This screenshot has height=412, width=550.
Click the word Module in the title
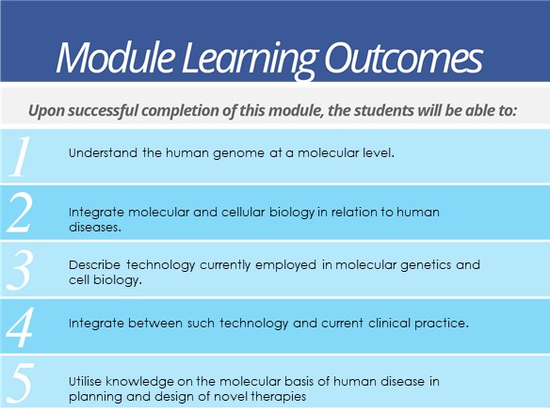tap(116, 56)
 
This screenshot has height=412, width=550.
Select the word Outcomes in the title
tap(403, 57)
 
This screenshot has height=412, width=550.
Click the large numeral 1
tap(20, 156)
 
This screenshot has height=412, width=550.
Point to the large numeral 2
tap(21, 213)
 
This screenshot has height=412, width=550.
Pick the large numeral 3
tap(21, 270)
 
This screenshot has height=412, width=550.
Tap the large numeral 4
tap(20, 326)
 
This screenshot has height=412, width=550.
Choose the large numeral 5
tap(21, 383)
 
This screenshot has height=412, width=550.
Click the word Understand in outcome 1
tap(103, 153)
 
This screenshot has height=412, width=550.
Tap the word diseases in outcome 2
tap(95, 227)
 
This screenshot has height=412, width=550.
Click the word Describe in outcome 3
tap(94, 265)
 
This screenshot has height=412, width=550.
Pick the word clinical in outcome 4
tap(389, 323)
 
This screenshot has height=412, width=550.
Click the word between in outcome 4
tap(154, 323)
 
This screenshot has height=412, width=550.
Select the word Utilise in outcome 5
tap(86, 382)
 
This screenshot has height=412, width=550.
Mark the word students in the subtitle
tap(383, 111)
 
